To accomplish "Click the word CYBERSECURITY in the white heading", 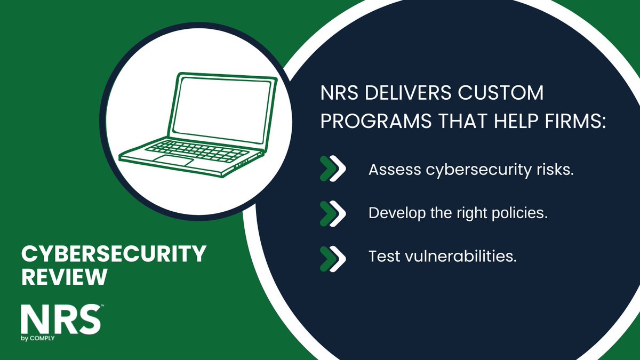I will pyautogui.click(x=113, y=254).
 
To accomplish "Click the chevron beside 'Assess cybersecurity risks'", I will pyautogui.click(x=333, y=170).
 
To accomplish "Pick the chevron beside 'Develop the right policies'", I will pyautogui.click(x=333, y=213).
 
